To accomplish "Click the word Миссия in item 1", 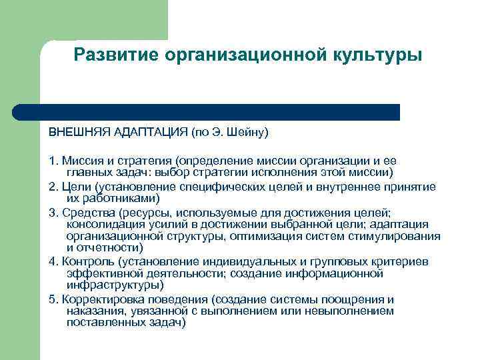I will coord(81,161).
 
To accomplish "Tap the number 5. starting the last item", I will coord(53,299).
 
